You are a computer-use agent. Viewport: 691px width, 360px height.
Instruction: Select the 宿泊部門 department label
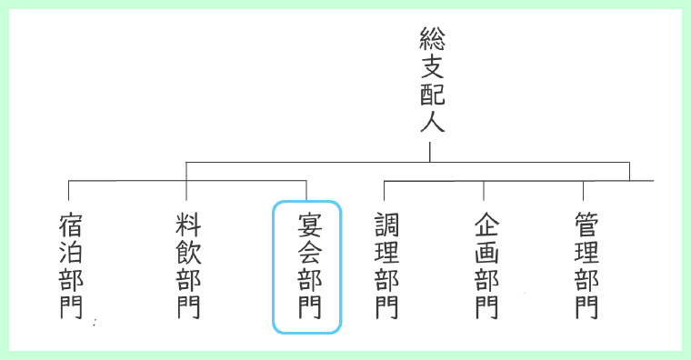(71, 265)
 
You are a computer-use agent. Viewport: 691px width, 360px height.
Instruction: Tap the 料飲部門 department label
(188, 265)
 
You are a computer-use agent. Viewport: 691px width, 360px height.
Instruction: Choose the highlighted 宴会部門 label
(307, 266)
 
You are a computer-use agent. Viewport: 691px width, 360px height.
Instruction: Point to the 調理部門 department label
(386, 265)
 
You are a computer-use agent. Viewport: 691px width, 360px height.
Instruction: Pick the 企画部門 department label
(486, 265)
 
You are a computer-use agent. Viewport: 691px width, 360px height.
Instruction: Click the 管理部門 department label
(586, 265)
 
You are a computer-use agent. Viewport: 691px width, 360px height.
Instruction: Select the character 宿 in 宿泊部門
(71, 225)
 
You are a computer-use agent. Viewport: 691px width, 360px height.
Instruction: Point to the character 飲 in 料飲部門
(188, 252)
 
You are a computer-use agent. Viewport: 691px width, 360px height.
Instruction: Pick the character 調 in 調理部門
(386, 225)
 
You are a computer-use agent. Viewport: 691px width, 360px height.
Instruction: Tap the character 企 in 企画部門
(486, 225)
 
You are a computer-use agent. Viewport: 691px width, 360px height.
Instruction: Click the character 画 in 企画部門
(486, 252)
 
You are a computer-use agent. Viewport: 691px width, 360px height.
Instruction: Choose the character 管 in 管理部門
(586, 225)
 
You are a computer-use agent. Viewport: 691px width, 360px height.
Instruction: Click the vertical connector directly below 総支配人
(431, 150)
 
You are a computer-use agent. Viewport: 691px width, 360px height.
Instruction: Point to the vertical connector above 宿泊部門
(69, 190)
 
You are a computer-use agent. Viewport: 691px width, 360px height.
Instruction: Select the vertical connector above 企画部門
(484, 190)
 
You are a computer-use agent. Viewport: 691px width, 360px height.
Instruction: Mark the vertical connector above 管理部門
(584, 190)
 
